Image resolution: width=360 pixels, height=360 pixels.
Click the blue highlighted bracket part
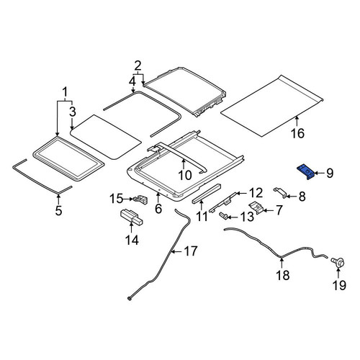tap(306, 171)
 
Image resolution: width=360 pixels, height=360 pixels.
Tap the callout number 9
tap(330, 173)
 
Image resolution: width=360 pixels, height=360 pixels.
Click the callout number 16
tap(297, 133)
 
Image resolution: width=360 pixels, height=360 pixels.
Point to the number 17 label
tap(191, 251)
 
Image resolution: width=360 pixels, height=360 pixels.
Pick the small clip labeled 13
tap(224, 215)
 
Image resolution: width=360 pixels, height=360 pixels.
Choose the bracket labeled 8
tap(280, 192)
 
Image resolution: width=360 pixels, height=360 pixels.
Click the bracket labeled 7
tap(256, 207)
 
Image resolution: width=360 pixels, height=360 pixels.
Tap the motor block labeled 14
tap(131, 217)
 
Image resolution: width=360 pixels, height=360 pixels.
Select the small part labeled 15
tap(141, 199)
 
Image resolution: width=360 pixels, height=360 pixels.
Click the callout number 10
tap(185, 175)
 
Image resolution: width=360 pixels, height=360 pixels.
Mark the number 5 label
tap(58, 210)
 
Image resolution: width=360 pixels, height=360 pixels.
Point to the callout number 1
tap(65, 92)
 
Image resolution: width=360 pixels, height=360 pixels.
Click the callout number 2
tap(138, 66)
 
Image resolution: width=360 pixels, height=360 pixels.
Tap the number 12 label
tap(256, 193)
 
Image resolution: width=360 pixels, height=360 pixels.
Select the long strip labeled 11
tap(207, 194)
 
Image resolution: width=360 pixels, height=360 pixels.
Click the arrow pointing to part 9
tap(319, 173)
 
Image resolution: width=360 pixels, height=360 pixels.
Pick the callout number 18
tap(283, 275)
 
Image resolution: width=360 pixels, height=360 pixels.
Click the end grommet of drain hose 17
tap(130, 299)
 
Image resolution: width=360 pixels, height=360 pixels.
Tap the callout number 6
tap(158, 209)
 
